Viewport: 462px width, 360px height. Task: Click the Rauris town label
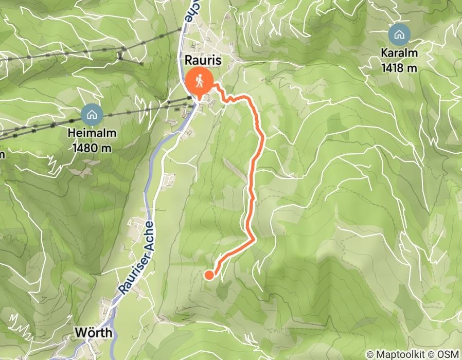coord(203,61)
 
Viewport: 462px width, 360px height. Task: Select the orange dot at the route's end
coord(209,275)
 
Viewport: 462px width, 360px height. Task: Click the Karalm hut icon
coord(399,35)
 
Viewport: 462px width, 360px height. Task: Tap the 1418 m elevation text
coord(399,67)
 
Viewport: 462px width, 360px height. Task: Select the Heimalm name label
coord(92,133)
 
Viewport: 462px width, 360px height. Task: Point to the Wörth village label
coord(93,333)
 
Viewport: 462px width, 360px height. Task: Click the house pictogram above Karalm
coord(399,35)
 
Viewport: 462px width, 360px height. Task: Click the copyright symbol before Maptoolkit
coord(370,354)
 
